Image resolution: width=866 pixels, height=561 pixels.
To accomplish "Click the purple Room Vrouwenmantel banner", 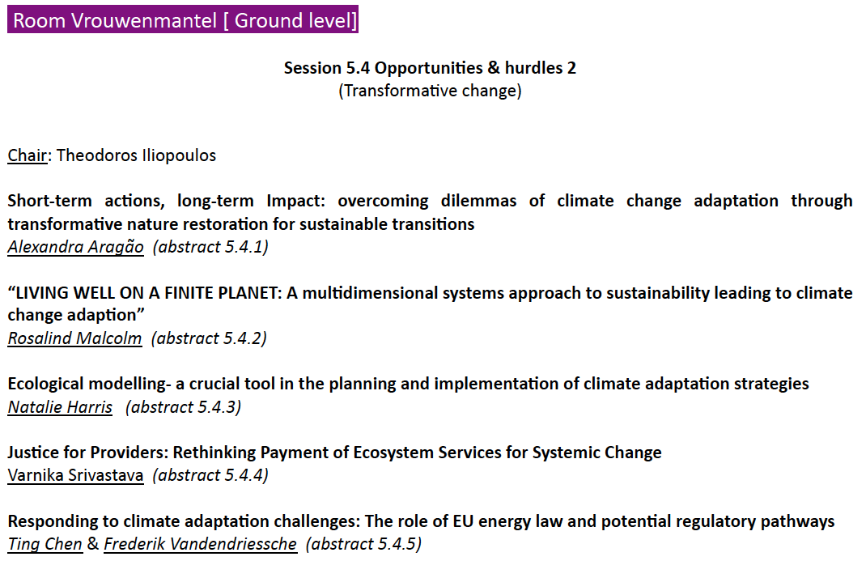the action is pyautogui.click(x=183, y=19).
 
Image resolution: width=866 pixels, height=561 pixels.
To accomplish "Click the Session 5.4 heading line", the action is pyautogui.click(x=430, y=68).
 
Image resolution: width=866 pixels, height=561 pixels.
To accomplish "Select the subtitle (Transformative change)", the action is pyautogui.click(x=430, y=91).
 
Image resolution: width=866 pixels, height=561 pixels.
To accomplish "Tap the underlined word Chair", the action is pyautogui.click(x=27, y=155).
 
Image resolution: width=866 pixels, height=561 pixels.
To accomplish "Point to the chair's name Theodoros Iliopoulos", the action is pyautogui.click(x=136, y=155).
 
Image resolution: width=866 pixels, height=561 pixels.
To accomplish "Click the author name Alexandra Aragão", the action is pyautogui.click(x=75, y=247).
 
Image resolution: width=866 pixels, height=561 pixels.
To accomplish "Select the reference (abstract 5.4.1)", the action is pyautogui.click(x=210, y=247).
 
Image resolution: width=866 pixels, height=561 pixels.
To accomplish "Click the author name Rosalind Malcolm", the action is pyautogui.click(x=74, y=338).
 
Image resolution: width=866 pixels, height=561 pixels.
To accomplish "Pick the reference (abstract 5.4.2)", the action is pyautogui.click(x=209, y=338).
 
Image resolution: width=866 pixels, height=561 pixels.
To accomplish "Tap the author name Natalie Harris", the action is pyautogui.click(x=60, y=407).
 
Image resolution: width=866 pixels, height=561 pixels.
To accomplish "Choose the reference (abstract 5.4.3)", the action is pyautogui.click(x=184, y=407).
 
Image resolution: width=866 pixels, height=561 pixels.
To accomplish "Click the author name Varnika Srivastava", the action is pyautogui.click(x=75, y=475).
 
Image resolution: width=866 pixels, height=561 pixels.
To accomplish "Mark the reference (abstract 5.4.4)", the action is pyautogui.click(x=210, y=475).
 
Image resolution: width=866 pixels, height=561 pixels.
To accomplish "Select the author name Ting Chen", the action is pyautogui.click(x=45, y=544).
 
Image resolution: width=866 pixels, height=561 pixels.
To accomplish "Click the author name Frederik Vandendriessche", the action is pyautogui.click(x=201, y=544).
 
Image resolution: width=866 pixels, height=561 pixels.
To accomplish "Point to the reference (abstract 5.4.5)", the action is pyautogui.click(x=363, y=544).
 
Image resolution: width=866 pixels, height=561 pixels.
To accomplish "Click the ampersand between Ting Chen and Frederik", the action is pyautogui.click(x=93, y=544).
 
